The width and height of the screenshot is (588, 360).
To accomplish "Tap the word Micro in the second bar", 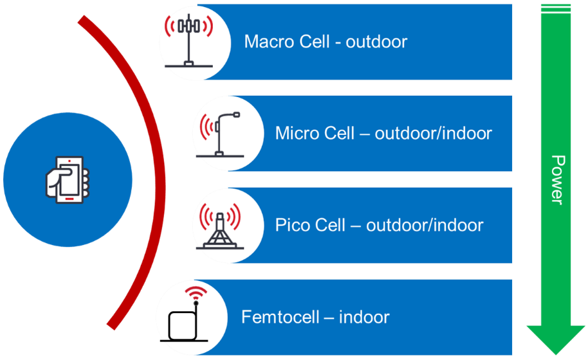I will click(x=295, y=134).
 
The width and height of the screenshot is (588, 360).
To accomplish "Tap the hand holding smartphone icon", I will click(x=67, y=179).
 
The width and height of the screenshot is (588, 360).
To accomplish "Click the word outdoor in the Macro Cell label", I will click(x=376, y=42).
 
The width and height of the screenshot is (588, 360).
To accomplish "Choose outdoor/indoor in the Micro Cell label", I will click(x=433, y=134).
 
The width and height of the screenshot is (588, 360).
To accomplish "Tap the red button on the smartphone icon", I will click(x=68, y=199).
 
